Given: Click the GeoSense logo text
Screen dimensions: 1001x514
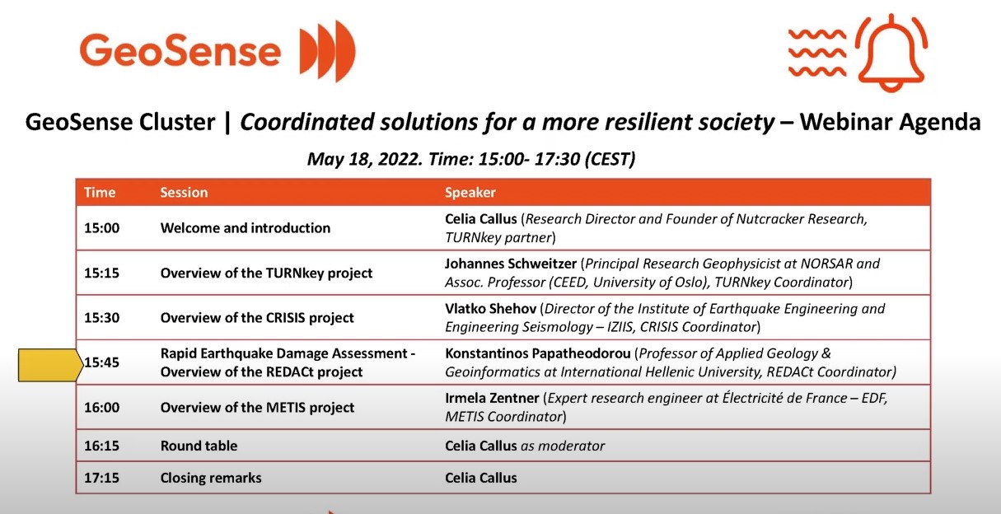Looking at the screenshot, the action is tap(180, 50).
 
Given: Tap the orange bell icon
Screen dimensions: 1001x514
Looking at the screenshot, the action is tap(891, 53).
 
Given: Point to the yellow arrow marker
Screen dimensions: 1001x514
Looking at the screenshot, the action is tap(51, 365).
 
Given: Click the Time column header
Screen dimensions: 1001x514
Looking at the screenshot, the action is tap(100, 192).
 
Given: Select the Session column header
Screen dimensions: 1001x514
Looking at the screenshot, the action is tap(184, 192).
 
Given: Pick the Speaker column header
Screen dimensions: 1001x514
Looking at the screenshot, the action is tap(470, 192).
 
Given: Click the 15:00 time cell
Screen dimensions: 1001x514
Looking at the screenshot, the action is tap(102, 228).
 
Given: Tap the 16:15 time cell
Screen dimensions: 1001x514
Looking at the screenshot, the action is tap(102, 446).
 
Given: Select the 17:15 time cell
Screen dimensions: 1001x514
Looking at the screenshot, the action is tap(102, 478).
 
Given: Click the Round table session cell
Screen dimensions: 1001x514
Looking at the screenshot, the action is tap(199, 446).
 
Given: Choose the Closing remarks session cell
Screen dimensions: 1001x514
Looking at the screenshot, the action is tap(211, 478).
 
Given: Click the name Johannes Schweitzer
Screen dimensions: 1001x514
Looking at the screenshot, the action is tap(511, 264).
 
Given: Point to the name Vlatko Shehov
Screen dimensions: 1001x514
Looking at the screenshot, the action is tap(491, 308).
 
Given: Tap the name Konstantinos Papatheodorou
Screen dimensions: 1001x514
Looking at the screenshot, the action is tap(538, 353).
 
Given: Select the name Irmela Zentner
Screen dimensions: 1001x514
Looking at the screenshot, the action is tap(492, 398).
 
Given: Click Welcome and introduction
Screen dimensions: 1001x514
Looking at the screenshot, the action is tap(246, 228).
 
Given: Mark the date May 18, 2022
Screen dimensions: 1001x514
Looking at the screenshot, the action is tap(364, 159).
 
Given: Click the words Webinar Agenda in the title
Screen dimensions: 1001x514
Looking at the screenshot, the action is tap(890, 122).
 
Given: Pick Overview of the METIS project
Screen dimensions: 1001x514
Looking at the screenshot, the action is tap(257, 407).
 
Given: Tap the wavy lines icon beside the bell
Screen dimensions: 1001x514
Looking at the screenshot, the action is tap(817, 53).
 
